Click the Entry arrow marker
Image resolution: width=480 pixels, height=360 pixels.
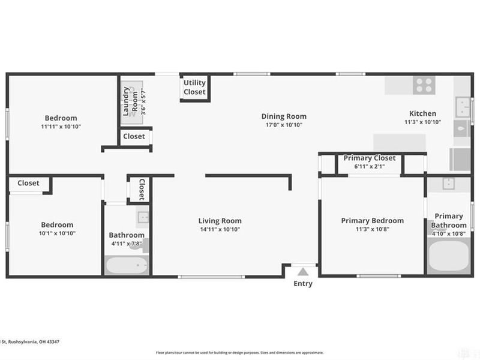303,271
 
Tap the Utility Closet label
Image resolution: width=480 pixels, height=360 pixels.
194,88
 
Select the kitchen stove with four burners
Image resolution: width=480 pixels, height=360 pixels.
424,85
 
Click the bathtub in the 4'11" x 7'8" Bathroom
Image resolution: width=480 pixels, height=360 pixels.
126,265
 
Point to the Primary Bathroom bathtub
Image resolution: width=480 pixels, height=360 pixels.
449,259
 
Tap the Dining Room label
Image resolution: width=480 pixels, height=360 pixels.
284,116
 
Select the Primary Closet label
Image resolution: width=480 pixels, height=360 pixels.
369,158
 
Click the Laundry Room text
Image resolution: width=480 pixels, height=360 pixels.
130,101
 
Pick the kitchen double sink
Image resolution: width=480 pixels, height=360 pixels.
462,107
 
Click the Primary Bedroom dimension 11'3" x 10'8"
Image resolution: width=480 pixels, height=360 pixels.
373,229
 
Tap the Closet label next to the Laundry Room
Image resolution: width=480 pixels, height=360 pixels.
134,136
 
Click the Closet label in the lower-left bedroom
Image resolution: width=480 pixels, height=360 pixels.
28,183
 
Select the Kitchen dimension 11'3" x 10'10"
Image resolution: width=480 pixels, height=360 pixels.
422,122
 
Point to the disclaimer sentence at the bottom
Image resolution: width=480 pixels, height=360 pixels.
239,353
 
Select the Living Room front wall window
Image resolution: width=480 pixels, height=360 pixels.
211,277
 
